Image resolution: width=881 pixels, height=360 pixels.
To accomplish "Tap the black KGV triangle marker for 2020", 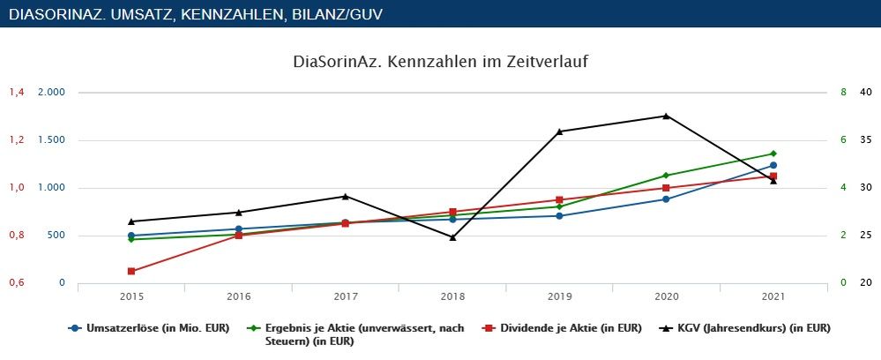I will [666, 116].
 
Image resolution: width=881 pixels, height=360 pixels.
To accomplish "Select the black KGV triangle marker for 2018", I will [452, 237].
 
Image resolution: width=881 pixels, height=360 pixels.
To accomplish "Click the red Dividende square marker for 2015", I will [131, 271].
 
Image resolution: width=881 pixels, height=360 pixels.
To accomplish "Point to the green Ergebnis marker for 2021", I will [773, 154].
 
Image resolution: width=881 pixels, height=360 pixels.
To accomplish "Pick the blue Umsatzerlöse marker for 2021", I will [773, 165].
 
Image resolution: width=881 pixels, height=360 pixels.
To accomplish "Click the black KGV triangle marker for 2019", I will [559, 131].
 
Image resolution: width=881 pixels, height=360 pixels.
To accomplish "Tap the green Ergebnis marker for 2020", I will [666, 176].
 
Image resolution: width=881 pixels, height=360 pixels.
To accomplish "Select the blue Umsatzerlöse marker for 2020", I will [666, 199].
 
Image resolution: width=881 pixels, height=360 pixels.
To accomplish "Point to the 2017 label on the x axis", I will [345, 297].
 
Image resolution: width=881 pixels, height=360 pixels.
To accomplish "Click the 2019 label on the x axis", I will [559, 297].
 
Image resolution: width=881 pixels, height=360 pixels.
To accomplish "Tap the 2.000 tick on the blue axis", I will [52, 93].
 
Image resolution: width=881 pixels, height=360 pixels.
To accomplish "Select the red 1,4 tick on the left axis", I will [18, 93].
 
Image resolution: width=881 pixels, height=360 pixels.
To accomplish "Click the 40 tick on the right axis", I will [865, 93].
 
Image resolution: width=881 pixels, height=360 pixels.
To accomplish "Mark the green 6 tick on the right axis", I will [843, 140].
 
